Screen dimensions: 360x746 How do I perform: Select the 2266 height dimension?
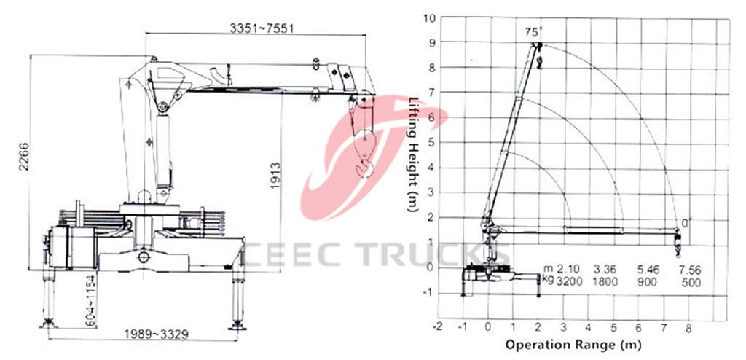(24, 167)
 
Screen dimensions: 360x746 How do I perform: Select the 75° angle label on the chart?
(535, 31)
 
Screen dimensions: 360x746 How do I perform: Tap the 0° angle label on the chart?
(684, 222)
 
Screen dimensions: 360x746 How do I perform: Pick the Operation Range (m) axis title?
(573, 343)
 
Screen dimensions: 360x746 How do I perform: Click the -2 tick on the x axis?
(437, 326)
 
